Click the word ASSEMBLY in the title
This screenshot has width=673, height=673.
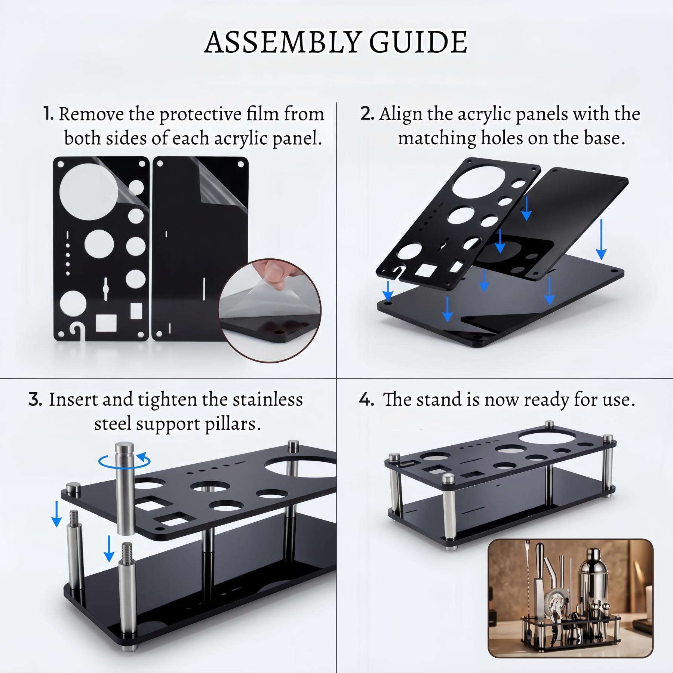tap(283, 42)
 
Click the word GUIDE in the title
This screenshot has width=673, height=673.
tap(418, 42)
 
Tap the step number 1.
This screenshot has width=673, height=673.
tap(48, 114)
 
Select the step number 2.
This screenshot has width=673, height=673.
tap(367, 114)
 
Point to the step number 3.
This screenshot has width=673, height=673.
tap(35, 400)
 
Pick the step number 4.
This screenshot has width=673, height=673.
tap(366, 400)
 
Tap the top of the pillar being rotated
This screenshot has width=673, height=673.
tap(124, 447)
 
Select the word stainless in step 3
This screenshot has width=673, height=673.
tap(268, 400)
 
